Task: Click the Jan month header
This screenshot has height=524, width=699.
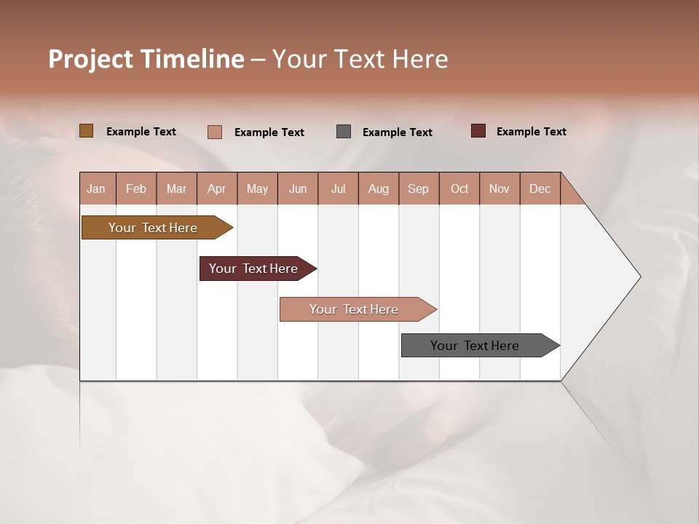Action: [97, 188]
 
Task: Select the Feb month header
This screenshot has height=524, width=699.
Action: [136, 188]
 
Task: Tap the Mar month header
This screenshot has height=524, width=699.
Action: [176, 188]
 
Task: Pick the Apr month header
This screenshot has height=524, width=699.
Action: [217, 188]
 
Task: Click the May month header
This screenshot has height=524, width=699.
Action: [257, 188]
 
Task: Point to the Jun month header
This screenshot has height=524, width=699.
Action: [298, 188]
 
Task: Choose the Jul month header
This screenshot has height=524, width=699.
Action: [338, 188]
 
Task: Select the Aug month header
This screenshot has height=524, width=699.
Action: [379, 188]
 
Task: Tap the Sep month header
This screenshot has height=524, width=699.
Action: [419, 188]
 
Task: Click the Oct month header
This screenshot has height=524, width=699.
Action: [459, 188]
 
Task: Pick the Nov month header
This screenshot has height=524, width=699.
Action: [499, 188]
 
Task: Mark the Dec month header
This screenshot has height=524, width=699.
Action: [540, 188]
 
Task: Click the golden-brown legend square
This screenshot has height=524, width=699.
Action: [86, 131]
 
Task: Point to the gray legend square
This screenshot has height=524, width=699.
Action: [344, 132]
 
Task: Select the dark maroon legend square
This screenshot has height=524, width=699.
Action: [478, 131]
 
